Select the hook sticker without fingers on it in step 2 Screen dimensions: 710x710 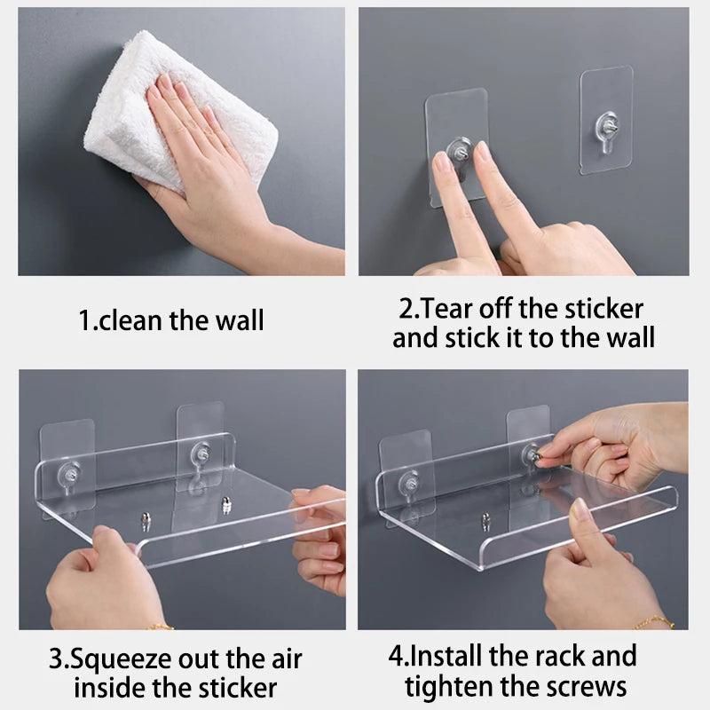tap(606, 120)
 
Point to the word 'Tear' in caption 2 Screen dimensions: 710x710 tap(451, 309)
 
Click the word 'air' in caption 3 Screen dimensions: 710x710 tap(283, 659)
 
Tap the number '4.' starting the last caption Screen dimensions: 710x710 tap(398, 657)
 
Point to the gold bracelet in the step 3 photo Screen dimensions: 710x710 tap(161, 627)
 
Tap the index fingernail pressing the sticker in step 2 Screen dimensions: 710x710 tap(442, 163)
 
